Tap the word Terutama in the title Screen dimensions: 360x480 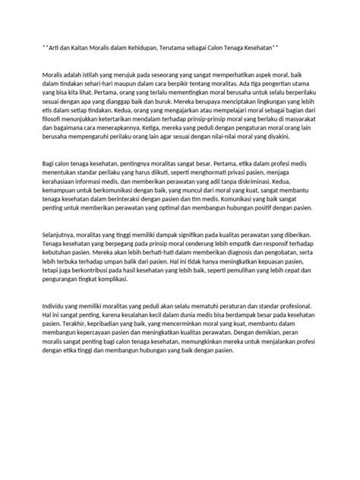pos(185,48)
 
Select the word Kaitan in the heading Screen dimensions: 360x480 pos(78,48)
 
